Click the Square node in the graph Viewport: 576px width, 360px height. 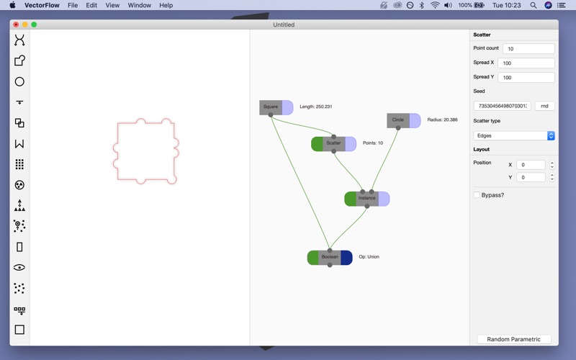point(271,107)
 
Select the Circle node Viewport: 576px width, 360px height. point(398,120)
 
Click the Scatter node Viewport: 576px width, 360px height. point(333,143)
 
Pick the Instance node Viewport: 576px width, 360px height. point(366,198)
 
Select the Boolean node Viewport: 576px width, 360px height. point(330,257)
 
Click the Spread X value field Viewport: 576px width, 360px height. point(526,63)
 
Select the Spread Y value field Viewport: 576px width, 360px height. point(526,78)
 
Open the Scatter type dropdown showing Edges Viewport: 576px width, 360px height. point(514,135)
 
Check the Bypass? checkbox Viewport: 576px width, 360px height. point(477,195)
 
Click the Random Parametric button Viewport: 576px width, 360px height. point(513,339)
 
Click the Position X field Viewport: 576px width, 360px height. point(531,165)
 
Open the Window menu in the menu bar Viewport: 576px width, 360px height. point(139,5)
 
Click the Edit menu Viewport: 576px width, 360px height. point(91,5)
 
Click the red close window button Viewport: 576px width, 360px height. point(16,24)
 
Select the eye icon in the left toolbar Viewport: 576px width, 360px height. point(19,267)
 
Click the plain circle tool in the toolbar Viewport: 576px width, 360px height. point(19,81)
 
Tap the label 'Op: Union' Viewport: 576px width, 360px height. point(369,257)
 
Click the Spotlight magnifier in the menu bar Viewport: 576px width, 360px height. point(533,5)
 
